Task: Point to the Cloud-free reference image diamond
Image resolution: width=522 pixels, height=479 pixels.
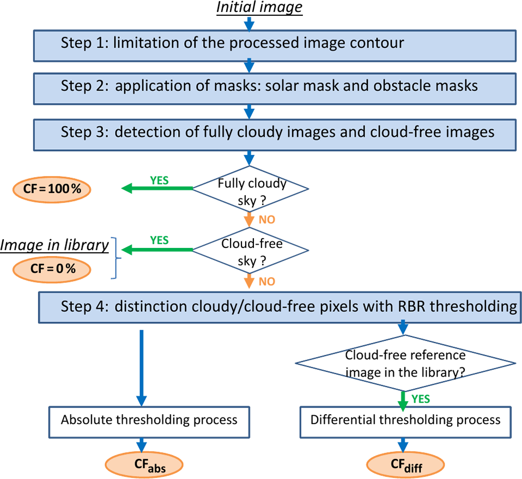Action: click(405, 363)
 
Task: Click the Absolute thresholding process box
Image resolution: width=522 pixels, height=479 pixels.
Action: click(149, 420)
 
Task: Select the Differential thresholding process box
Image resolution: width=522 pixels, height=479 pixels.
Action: click(405, 420)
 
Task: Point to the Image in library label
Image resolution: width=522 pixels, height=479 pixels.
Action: click(54, 245)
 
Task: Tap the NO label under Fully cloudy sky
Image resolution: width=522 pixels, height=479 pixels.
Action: click(267, 220)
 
